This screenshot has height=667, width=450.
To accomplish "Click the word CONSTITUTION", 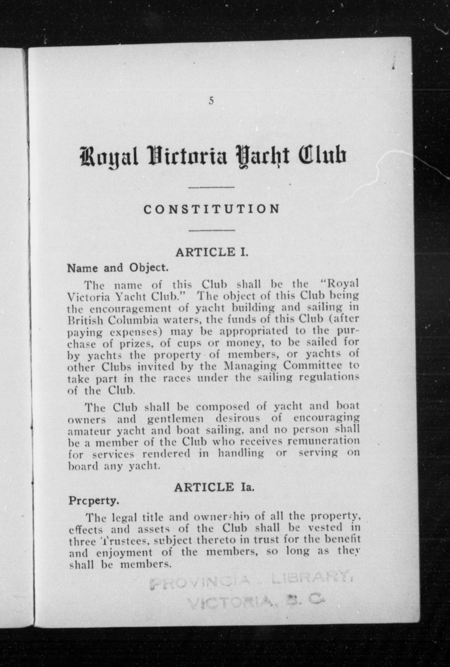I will click(x=212, y=209).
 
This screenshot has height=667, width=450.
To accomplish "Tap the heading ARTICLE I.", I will click(x=212, y=252).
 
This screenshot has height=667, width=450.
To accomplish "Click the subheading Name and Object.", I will click(x=117, y=268).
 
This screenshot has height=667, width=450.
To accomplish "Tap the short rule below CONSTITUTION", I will click(x=212, y=230).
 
